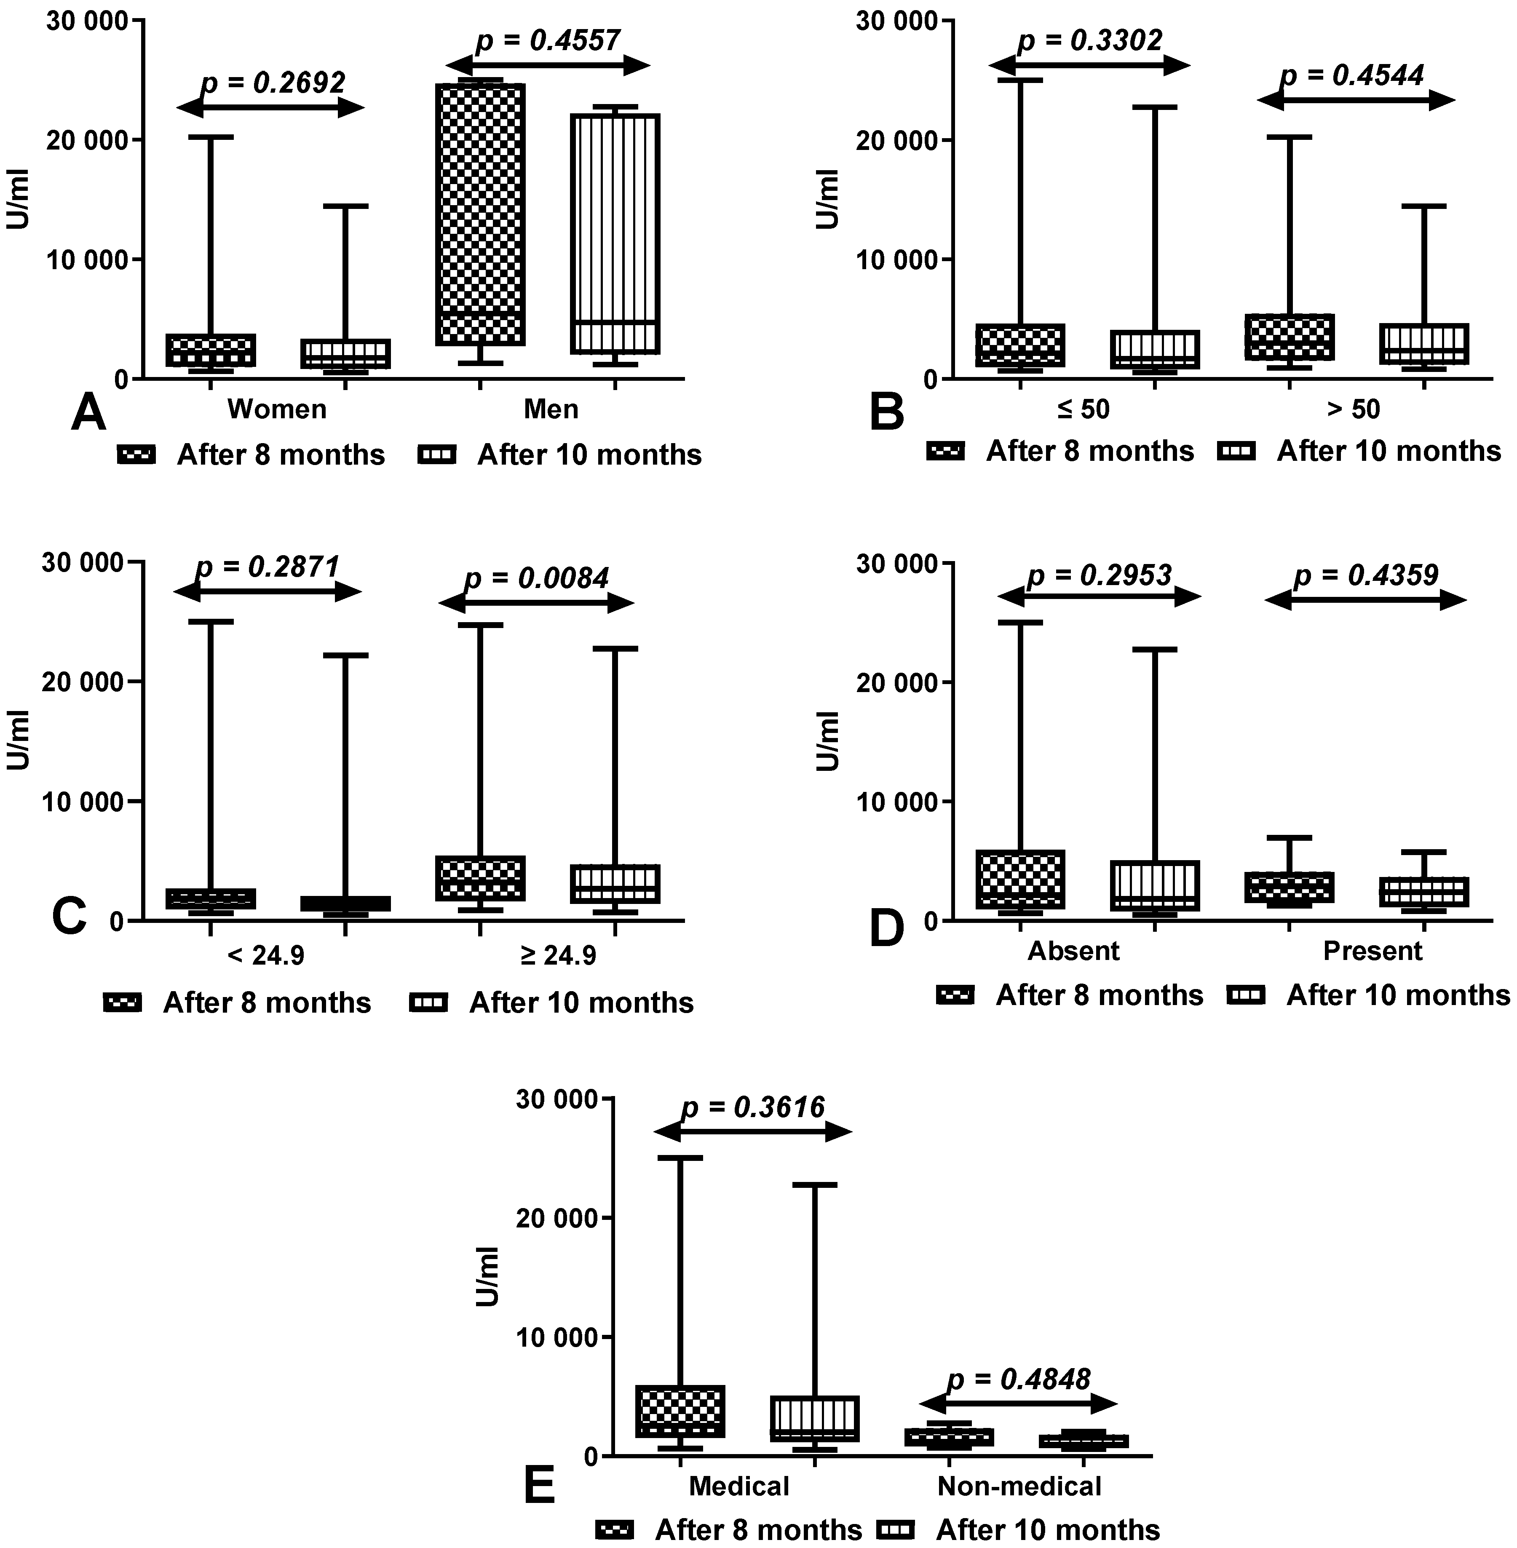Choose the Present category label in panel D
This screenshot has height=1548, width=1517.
[x=1372, y=950]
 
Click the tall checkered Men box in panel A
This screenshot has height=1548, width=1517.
[x=480, y=214]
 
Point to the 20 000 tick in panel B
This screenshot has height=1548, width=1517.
[x=891, y=140]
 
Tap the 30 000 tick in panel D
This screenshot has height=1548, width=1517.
[x=891, y=563]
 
